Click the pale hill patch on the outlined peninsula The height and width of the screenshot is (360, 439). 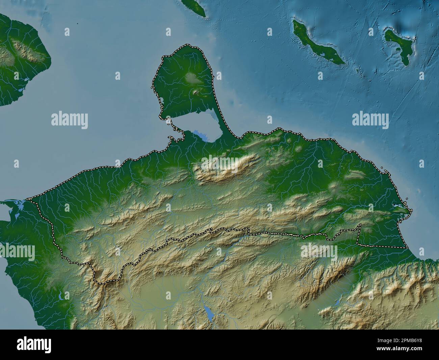pos(192,79)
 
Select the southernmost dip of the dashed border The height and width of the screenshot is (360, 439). pos(101,282)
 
